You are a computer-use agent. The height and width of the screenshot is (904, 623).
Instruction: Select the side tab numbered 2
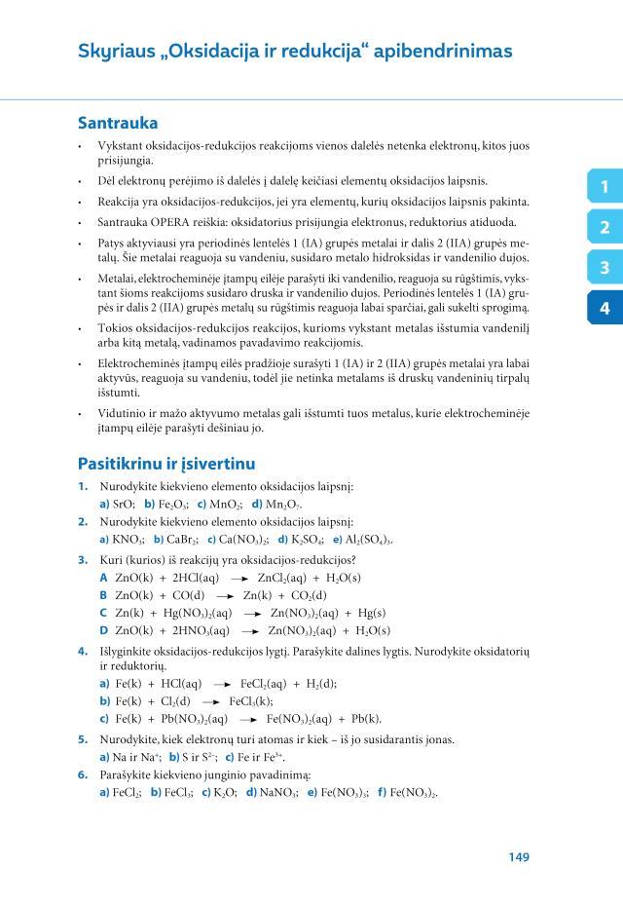(x=605, y=228)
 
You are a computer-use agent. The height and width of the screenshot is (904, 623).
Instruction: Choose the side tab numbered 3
(x=605, y=268)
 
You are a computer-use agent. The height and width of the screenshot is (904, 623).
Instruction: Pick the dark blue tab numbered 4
(x=605, y=308)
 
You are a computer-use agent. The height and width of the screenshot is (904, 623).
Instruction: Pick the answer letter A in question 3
(x=103, y=578)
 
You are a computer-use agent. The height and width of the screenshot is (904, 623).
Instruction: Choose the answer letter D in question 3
(x=104, y=630)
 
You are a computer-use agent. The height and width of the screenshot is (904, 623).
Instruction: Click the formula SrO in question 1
(x=124, y=505)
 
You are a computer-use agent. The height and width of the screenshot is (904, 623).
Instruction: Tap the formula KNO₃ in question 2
(x=129, y=540)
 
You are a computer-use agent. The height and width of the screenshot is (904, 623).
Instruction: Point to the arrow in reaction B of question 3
(x=225, y=595)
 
